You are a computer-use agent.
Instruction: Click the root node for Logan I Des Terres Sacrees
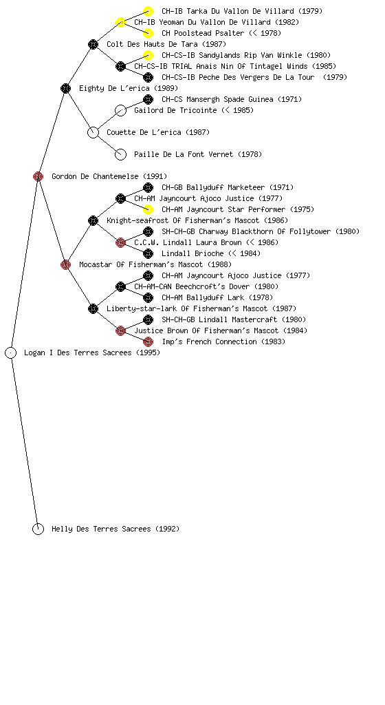(11, 352)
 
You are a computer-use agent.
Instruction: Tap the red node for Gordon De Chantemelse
(38, 176)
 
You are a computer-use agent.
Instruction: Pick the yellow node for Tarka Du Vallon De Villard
(148, 11)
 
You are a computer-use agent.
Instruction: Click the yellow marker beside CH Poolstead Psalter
(148, 33)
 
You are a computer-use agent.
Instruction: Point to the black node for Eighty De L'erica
(65, 88)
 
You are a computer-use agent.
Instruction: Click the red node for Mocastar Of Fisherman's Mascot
(65, 264)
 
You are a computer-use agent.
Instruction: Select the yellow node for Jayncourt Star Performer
(148, 209)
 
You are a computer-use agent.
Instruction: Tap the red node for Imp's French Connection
(148, 341)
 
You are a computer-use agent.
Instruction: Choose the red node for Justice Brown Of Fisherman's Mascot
(120, 331)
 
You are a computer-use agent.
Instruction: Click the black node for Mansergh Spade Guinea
(148, 99)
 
